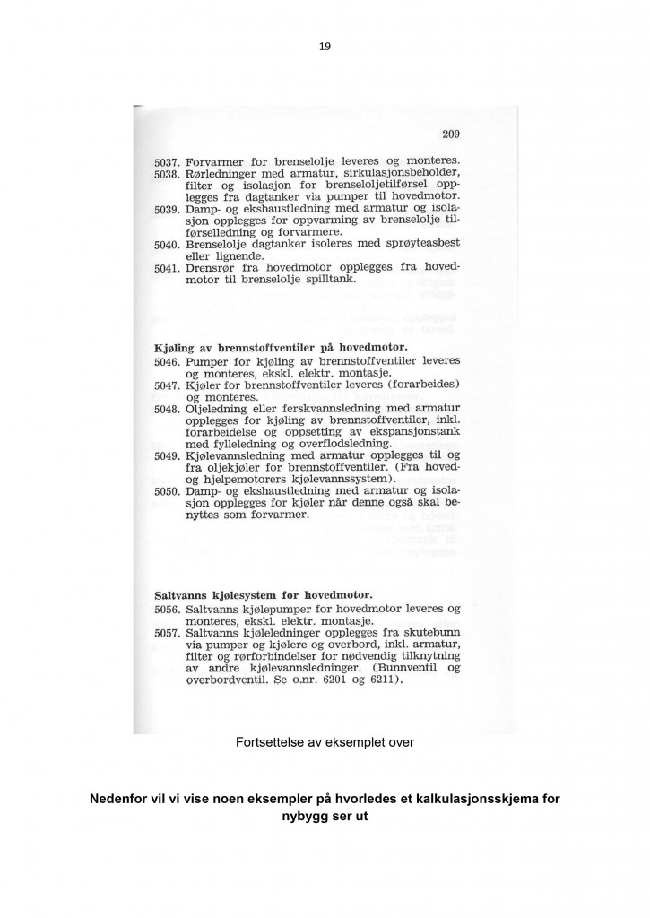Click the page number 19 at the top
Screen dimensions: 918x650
tap(325, 48)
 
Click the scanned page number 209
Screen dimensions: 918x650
tap(450, 135)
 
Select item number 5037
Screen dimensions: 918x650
tap(167, 161)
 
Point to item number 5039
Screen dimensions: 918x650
tap(167, 209)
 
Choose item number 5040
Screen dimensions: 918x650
tap(167, 244)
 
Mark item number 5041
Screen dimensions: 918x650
tap(167, 268)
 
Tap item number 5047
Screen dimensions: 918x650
tap(168, 385)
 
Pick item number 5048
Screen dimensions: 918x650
tap(168, 408)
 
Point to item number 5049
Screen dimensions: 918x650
tap(168, 455)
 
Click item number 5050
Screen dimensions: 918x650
tap(168, 491)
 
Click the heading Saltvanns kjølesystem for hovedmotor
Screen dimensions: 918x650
tap(264, 593)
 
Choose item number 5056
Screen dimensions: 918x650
tap(168, 608)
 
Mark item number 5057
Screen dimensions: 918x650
tap(168, 632)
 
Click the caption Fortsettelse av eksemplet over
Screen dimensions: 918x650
tap(324, 742)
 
